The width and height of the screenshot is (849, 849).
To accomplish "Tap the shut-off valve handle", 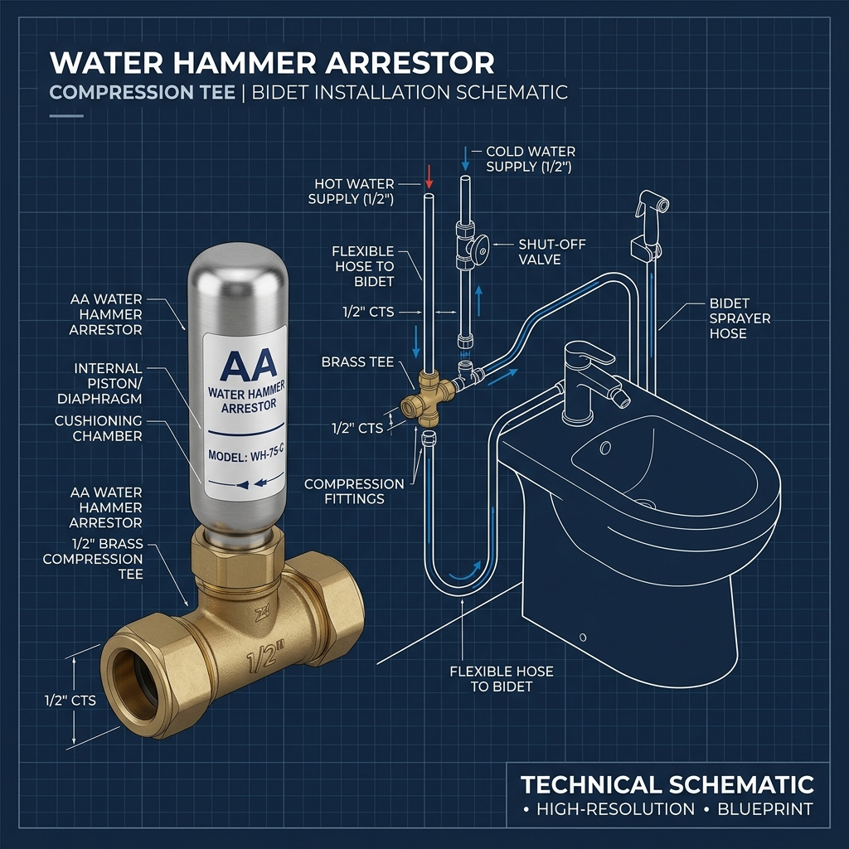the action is pos(480,249).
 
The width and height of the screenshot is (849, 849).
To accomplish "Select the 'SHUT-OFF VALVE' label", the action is pos(551,252).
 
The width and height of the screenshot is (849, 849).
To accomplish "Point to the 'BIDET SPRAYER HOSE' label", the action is pos(740,318).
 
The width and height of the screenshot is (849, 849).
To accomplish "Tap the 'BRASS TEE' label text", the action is pos(357,361).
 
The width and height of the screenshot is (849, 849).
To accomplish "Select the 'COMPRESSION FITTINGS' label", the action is pos(354,491).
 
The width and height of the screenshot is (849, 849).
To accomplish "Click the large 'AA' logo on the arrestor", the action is pos(249,366).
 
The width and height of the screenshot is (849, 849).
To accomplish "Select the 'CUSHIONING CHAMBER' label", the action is pos(99,429).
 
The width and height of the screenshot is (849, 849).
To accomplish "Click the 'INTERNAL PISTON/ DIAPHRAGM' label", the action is pos(100,383).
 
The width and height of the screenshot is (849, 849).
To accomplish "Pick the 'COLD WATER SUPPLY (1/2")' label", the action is pos(530,158).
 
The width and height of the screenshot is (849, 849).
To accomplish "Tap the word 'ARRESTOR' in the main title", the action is pos(410,63).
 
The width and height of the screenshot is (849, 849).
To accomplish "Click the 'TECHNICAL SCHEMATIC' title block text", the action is pos(667,784).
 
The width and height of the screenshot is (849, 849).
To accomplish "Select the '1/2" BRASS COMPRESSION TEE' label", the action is pos(93,559).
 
